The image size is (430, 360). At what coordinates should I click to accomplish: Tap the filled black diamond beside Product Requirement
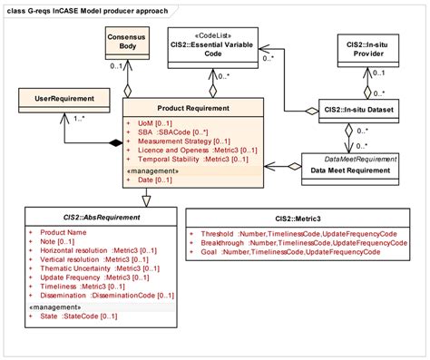114,142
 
